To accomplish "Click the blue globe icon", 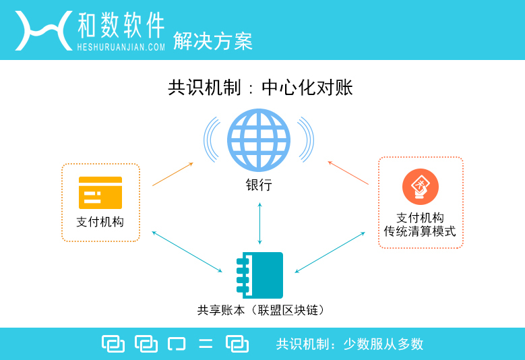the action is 259,140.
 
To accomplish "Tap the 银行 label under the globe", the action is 259,185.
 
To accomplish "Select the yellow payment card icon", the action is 100,193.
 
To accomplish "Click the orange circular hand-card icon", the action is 421,187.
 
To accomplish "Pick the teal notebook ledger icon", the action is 260,275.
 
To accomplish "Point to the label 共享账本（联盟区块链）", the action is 261,310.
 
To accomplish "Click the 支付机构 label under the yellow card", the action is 100,222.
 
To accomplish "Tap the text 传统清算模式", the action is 420,231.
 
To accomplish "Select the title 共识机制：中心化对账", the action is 260,88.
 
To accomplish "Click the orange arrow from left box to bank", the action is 173,174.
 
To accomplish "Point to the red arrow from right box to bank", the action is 348,173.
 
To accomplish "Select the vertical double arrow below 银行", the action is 260,223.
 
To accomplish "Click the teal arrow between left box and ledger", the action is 187,251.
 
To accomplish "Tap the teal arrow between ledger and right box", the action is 330,253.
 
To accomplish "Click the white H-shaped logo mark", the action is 44,30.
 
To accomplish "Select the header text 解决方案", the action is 212,41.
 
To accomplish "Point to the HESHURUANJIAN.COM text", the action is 121,47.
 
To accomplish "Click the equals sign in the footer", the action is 206,344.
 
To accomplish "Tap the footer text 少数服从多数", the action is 383,344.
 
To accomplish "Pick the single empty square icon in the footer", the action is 177,344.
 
